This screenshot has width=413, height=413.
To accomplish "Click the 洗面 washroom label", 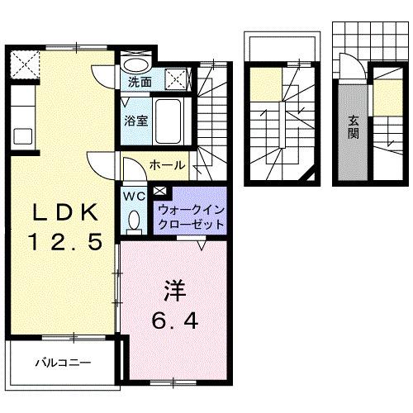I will (140, 83).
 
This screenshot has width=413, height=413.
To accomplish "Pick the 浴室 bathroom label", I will (136, 120).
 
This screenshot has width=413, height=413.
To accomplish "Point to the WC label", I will (134, 197).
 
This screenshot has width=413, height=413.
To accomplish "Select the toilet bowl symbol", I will (134, 220).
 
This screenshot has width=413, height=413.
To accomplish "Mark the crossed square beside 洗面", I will (176, 79).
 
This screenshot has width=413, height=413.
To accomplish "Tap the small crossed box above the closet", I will (159, 192).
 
